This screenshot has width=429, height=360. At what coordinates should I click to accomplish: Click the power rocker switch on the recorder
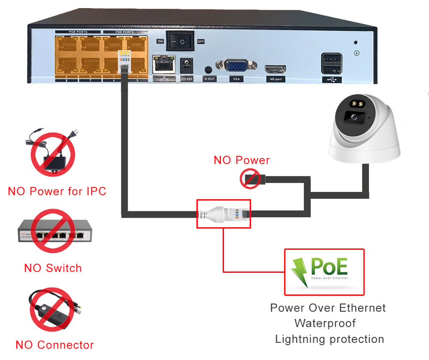(x=180, y=42)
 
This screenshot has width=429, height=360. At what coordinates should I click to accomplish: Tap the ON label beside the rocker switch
(x=160, y=42)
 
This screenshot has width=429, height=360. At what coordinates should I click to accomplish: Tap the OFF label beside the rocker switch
(x=200, y=42)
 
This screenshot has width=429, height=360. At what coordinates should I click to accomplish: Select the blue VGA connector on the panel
(x=236, y=66)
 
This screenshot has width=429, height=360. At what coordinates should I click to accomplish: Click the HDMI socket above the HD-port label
(x=275, y=69)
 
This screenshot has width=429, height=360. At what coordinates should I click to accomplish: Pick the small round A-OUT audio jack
(x=209, y=70)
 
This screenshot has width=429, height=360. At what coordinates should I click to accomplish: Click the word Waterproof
(x=325, y=323)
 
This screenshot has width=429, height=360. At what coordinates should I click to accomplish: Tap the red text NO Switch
(x=53, y=268)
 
